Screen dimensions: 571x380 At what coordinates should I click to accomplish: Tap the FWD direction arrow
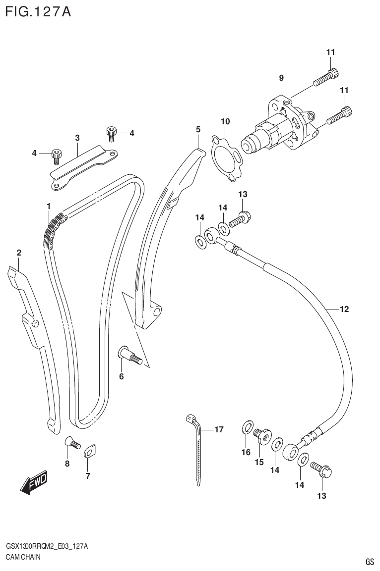point(34,482)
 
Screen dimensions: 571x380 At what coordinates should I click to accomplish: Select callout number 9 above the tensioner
point(281,78)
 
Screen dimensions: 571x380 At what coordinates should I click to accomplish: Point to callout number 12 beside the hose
point(344,310)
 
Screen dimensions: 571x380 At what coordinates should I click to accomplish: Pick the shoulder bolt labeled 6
point(130,356)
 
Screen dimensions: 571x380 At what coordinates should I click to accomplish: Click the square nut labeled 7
point(89,452)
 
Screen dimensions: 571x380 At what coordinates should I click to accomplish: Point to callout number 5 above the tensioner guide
point(198,129)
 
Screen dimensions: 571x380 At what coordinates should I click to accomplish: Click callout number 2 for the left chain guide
point(19,253)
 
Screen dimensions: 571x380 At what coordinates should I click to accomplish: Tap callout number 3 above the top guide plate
point(77,137)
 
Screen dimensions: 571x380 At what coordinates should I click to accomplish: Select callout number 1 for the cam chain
point(49,206)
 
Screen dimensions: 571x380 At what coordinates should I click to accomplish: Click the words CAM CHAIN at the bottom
point(23,557)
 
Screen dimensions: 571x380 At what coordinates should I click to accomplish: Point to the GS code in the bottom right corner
point(369,562)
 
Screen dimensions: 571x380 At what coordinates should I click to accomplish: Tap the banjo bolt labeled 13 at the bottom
point(322,470)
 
